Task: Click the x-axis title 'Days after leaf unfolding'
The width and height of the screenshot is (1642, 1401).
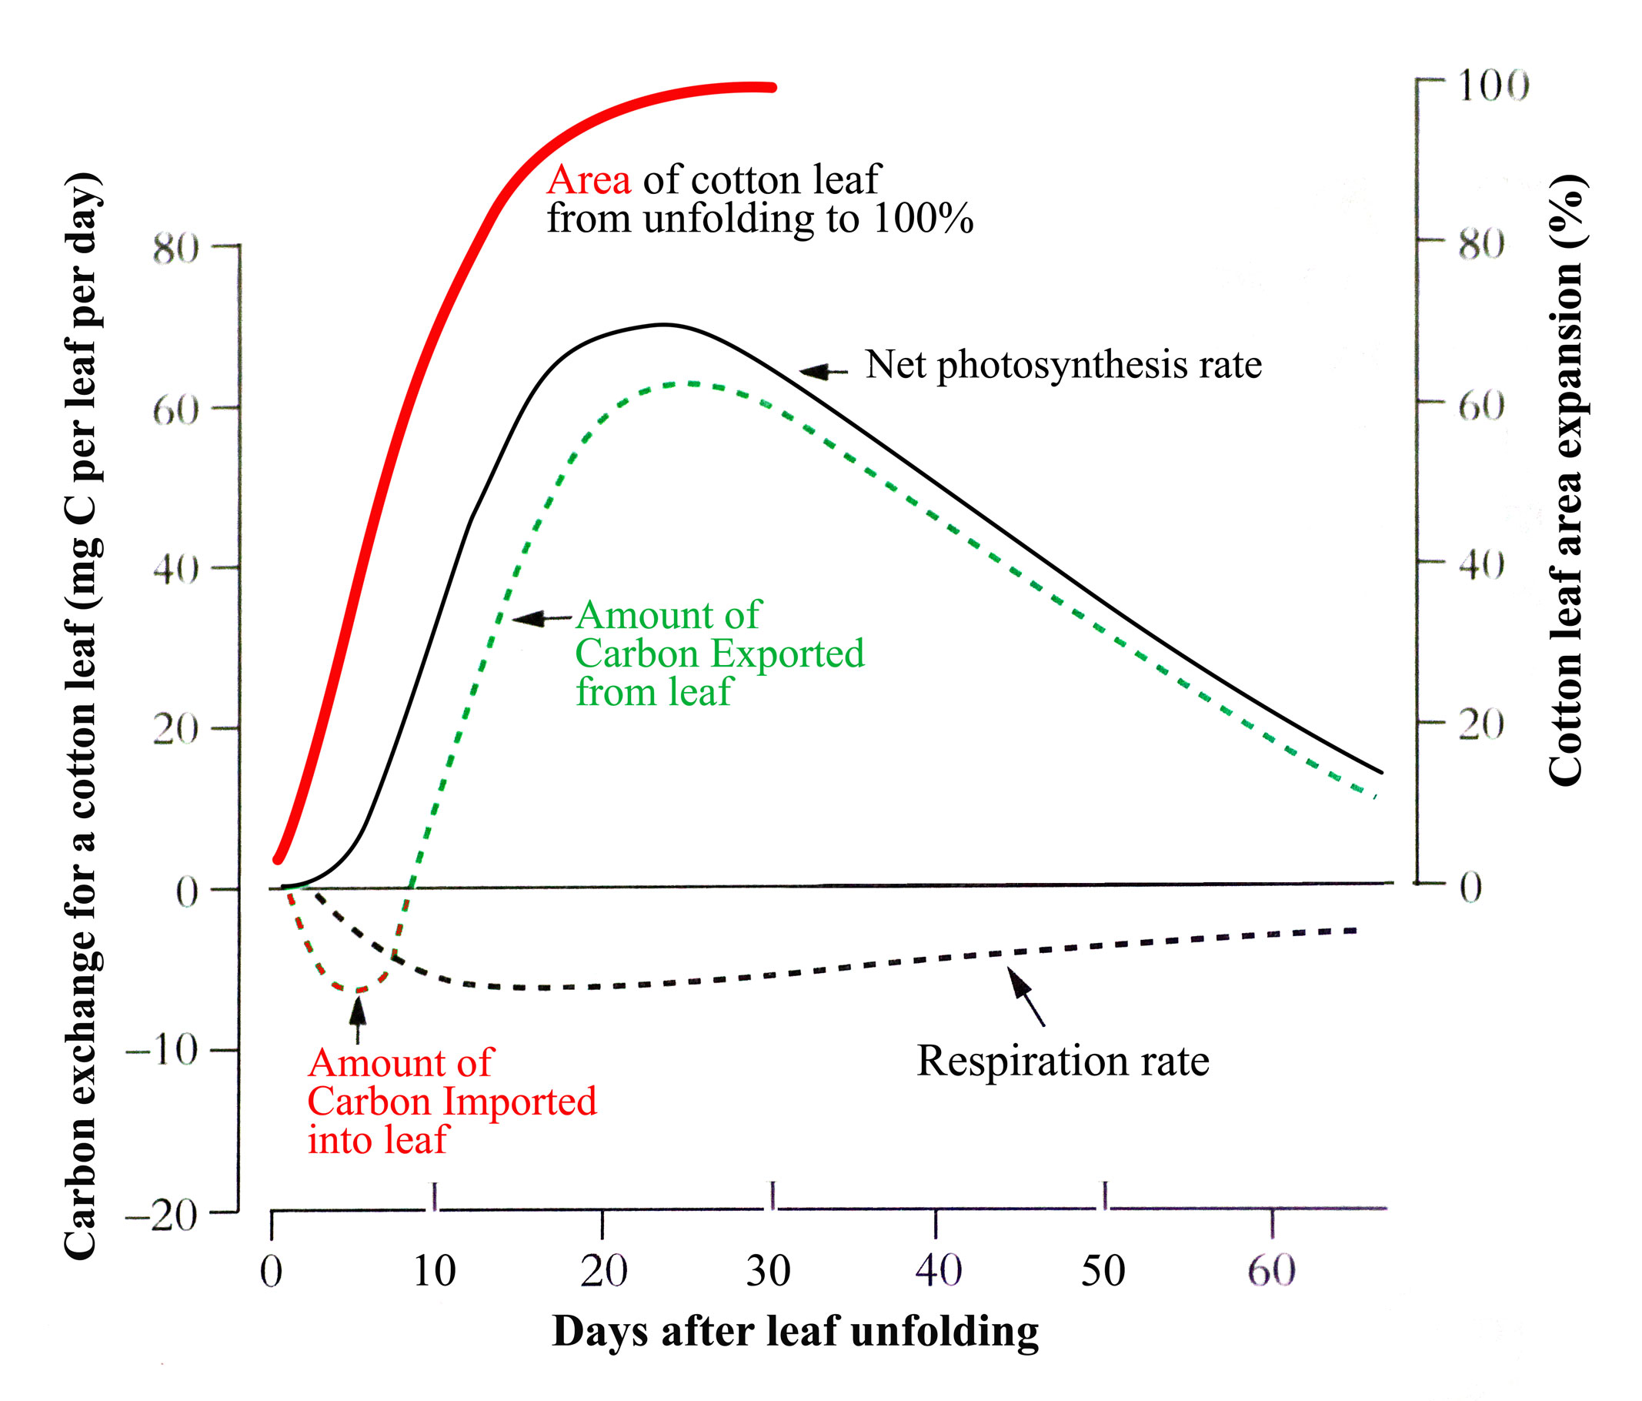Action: pos(795,1331)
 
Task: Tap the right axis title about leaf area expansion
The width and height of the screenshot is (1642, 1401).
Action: pos(1566,480)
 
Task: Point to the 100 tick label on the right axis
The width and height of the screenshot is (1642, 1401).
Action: pos(1493,85)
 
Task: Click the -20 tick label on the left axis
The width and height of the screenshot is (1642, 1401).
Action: pos(162,1215)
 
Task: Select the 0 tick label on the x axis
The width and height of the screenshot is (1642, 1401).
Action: pos(271,1271)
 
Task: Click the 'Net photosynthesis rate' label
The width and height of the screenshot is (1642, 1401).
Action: pos(1063,366)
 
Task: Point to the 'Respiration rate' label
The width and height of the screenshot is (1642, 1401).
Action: pos(1063,1061)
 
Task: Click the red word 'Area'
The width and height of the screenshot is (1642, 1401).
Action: pos(589,181)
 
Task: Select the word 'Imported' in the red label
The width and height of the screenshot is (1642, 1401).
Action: pos(519,1102)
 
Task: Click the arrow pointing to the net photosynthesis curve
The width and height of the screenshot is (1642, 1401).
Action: pos(823,371)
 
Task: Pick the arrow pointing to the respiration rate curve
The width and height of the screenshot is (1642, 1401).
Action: pos(1026,996)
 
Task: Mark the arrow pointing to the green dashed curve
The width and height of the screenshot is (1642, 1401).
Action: pos(541,618)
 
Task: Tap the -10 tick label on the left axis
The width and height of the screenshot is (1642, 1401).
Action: pos(162,1052)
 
